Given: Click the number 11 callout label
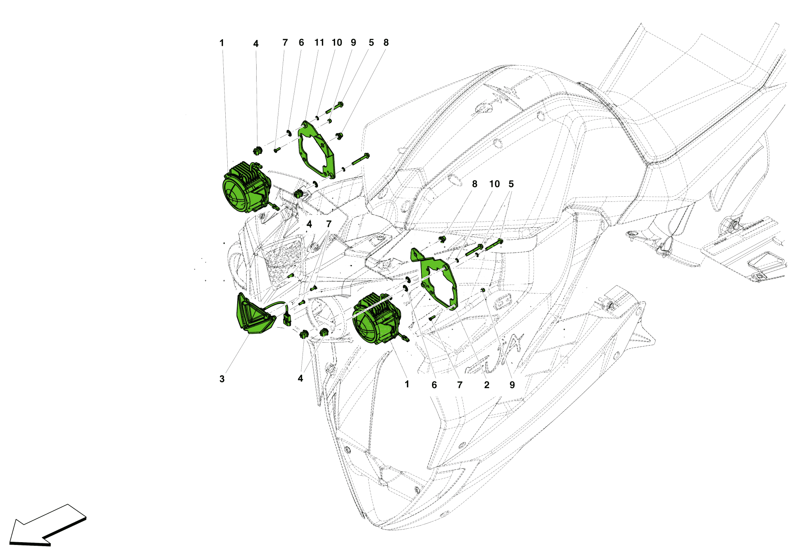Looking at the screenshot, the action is pos(319,42).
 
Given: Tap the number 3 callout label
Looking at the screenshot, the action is pos(222,379).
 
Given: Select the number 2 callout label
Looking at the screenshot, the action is pos(487,385).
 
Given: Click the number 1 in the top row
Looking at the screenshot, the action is pos(222,43).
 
